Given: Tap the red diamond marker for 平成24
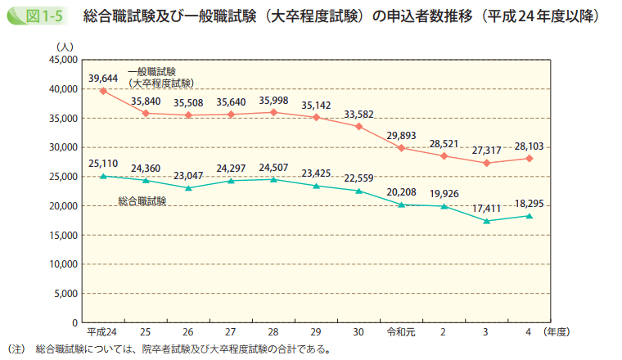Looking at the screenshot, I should click(x=103, y=91).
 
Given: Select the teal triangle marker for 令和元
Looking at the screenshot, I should click(x=401, y=205).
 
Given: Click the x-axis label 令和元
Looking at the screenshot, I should click(x=400, y=333).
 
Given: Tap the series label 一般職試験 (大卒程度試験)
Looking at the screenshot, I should click(x=160, y=78).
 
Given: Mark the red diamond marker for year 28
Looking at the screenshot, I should click(x=273, y=112).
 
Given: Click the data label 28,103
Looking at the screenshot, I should click(x=529, y=146).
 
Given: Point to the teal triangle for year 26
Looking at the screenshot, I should click(x=188, y=188).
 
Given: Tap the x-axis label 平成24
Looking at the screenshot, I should click(x=101, y=333).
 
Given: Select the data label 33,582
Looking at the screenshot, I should click(x=358, y=114).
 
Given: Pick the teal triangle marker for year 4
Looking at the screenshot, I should click(x=530, y=216).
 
